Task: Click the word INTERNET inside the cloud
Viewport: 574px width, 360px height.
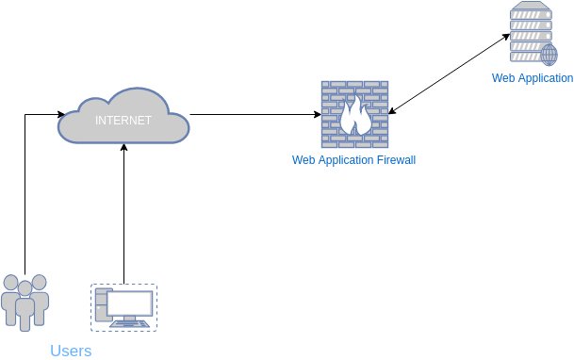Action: coord(123,121)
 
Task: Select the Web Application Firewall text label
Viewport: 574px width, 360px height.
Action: coord(353,161)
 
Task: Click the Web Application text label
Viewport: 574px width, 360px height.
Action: coord(532,78)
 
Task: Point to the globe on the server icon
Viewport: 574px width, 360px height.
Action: coord(548,53)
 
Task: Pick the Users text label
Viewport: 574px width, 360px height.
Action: coord(71,351)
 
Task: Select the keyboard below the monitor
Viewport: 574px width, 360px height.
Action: coord(129,323)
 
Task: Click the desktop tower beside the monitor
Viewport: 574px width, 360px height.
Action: coord(102,306)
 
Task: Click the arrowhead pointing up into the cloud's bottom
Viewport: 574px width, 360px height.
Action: coord(123,145)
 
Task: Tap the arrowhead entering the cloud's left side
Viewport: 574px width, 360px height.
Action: coord(56,115)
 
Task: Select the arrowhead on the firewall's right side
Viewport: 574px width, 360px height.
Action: coord(391,113)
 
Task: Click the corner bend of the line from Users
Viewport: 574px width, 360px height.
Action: coord(25,115)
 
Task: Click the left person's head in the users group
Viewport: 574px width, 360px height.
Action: coord(10,283)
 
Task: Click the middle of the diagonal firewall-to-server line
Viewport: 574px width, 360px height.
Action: coord(449,76)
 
